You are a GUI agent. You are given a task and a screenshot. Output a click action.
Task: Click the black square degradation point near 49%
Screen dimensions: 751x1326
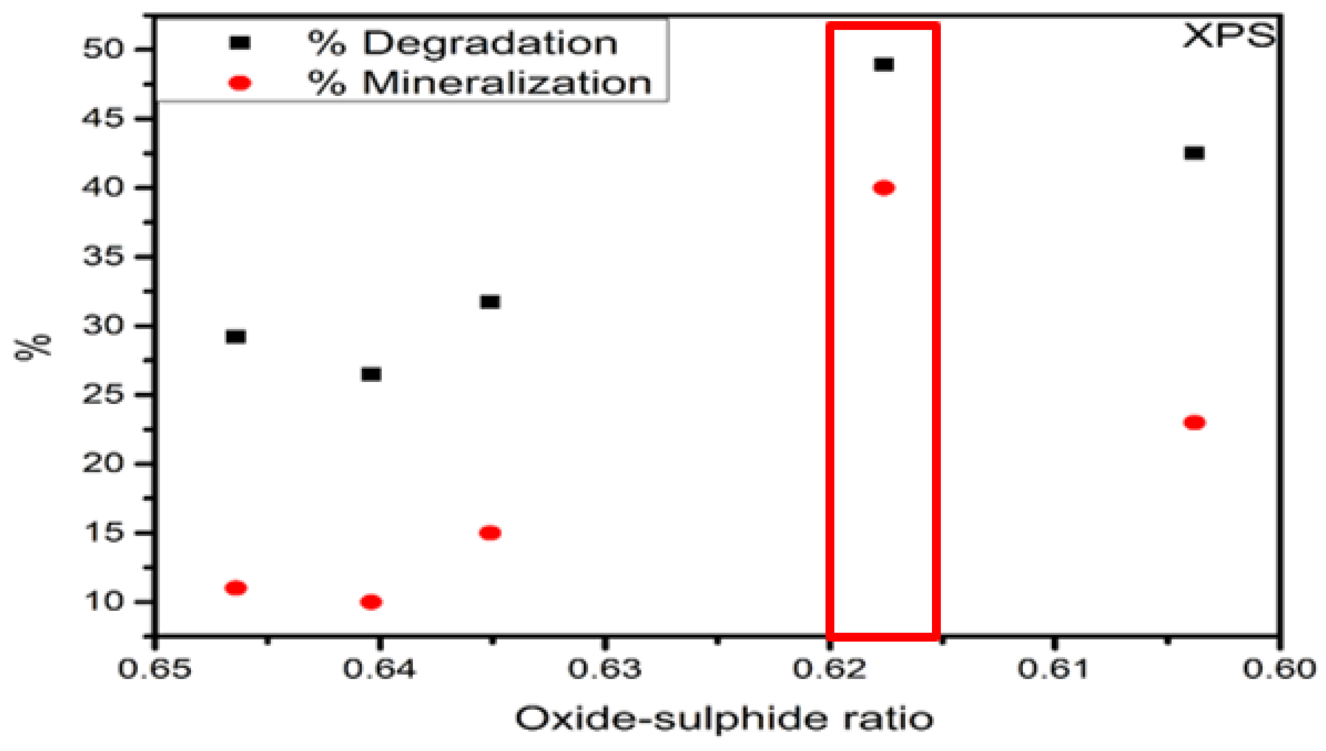click(x=884, y=65)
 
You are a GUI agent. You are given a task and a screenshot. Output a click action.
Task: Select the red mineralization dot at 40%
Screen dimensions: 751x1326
click(x=884, y=188)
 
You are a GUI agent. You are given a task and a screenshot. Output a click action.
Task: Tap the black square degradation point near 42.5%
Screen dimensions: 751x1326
click(x=1195, y=153)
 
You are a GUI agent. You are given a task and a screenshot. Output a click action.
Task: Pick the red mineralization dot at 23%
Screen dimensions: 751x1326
click(x=1195, y=422)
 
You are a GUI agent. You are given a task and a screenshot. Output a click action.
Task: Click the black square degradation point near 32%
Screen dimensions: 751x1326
click(x=490, y=302)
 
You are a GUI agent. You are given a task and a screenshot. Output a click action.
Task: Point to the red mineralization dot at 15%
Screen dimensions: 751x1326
click(x=490, y=533)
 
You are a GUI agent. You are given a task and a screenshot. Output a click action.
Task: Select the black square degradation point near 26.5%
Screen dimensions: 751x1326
click(x=371, y=374)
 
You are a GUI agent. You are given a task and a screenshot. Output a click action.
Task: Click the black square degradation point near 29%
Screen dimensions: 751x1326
click(x=236, y=337)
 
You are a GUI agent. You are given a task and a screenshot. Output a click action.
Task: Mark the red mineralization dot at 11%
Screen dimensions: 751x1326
click(x=236, y=588)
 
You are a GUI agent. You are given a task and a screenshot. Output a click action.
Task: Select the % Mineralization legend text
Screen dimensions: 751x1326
click(x=480, y=82)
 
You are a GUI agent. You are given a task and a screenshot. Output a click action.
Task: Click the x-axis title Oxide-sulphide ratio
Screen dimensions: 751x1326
click(x=724, y=719)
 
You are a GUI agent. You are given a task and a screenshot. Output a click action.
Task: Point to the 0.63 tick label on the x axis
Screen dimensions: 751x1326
click(x=604, y=669)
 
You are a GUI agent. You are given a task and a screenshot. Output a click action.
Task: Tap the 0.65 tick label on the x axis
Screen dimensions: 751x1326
click(x=155, y=669)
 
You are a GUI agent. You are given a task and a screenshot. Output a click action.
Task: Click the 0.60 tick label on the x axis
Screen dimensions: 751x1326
click(x=1278, y=669)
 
